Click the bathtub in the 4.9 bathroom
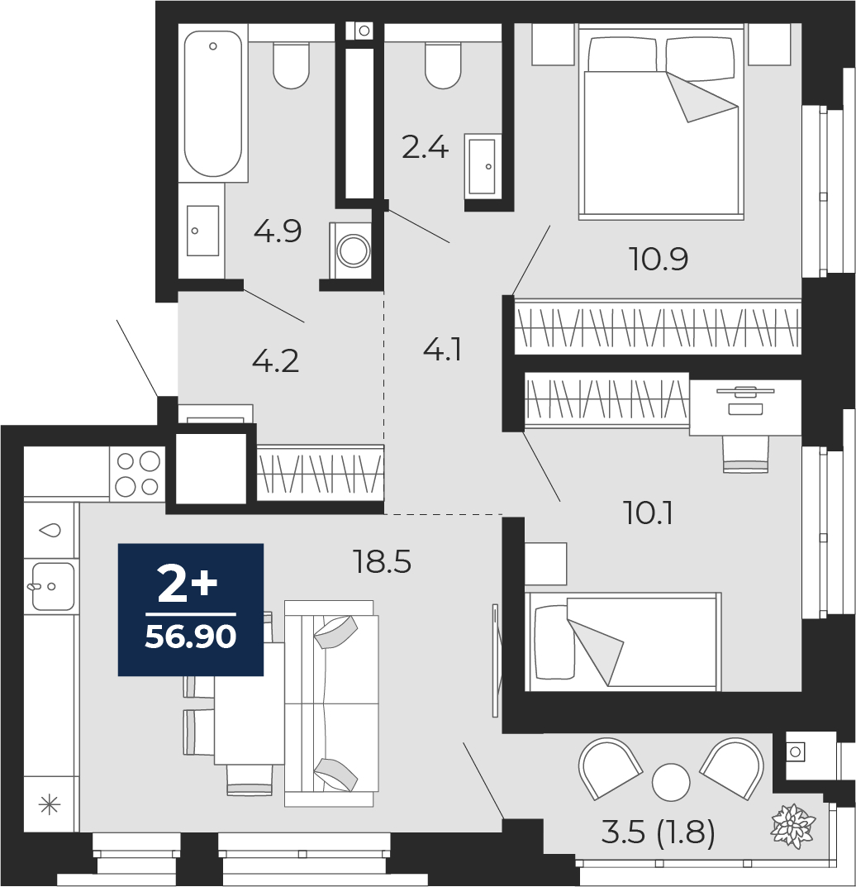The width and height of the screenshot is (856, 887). tap(213, 103)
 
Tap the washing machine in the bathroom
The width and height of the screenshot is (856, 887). tap(350, 250)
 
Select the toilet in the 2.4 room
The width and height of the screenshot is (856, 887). tap(443, 65)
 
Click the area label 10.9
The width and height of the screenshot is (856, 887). tap(659, 260)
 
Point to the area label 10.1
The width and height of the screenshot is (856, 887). tap(648, 514)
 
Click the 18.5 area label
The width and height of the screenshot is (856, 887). tap(382, 562)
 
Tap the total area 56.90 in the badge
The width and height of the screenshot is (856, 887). tap(191, 637)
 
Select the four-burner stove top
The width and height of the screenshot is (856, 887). tap(137, 474)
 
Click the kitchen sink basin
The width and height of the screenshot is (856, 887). tap(53, 586)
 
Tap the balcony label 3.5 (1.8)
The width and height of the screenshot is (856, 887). tap(659, 832)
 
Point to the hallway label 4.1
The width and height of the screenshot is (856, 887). tap(443, 350)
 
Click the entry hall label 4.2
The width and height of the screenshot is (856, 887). tap(275, 361)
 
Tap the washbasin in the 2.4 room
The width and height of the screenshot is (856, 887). tap(483, 165)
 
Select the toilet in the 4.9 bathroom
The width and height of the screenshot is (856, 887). tap(291, 65)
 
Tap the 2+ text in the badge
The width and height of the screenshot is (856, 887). tap(187, 585)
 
